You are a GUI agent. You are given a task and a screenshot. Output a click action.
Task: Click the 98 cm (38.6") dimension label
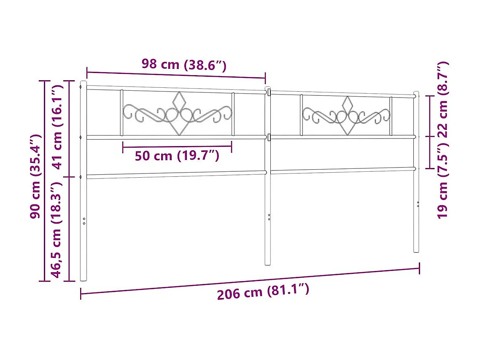click(x=184, y=65)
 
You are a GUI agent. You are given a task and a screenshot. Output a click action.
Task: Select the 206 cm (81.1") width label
click(x=263, y=292)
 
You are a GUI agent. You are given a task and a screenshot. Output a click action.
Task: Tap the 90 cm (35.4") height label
click(x=36, y=176)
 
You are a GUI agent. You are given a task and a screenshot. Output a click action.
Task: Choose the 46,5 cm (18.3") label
click(x=57, y=230)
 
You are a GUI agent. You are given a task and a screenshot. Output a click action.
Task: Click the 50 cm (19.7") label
click(x=177, y=156)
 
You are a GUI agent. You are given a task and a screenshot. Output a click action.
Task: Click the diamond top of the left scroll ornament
click(x=180, y=100)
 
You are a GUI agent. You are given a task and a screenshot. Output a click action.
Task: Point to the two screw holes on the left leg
click(x=84, y=221)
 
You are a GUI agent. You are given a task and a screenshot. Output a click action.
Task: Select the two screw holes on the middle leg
click(x=269, y=217)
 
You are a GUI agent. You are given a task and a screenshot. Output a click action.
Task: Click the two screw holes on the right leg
click(x=418, y=204)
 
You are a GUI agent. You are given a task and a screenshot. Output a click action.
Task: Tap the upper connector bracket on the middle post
click(x=269, y=92)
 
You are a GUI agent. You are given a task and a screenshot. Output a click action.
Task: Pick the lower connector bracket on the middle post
click(x=269, y=137)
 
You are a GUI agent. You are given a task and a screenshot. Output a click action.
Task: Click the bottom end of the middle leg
click(x=267, y=264)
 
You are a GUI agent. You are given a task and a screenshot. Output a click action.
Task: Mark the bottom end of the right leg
click(x=416, y=251)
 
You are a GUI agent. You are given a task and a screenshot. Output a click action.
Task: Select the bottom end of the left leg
click(x=84, y=279)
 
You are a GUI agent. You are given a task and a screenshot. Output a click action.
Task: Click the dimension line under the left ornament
click(x=177, y=146)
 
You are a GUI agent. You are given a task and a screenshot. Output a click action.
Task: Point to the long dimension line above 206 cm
click(x=250, y=281)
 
